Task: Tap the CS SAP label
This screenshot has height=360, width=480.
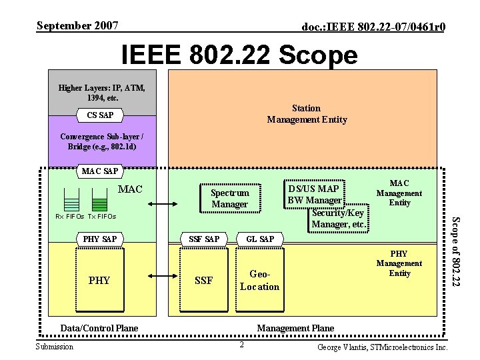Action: pyautogui.click(x=100, y=115)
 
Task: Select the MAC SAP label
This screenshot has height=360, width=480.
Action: pyautogui.click(x=99, y=171)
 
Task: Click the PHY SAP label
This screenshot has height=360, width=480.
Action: pyautogui.click(x=99, y=238)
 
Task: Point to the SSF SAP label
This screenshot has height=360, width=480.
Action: pyautogui.click(x=203, y=238)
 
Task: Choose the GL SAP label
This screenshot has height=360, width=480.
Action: pyautogui.click(x=260, y=238)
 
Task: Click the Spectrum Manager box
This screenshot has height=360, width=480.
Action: pyautogui.click(x=229, y=198)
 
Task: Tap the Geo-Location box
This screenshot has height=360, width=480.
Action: pyautogui.click(x=259, y=281)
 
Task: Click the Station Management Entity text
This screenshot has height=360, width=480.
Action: pyautogui.click(x=307, y=114)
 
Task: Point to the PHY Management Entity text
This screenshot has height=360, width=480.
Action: pyautogui.click(x=399, y=263)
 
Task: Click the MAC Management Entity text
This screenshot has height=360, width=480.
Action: pyautogui.click(x=399, y=193)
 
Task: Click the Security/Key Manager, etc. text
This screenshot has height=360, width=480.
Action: pyautogui.click(x=339, y=219)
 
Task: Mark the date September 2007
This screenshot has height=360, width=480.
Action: pyautogui.click(x=77, y=26)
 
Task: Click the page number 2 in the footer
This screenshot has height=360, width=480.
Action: pyautogui.click(x=242, y=344)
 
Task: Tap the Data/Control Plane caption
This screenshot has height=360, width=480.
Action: pyautogui.click(x=99, y=327)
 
